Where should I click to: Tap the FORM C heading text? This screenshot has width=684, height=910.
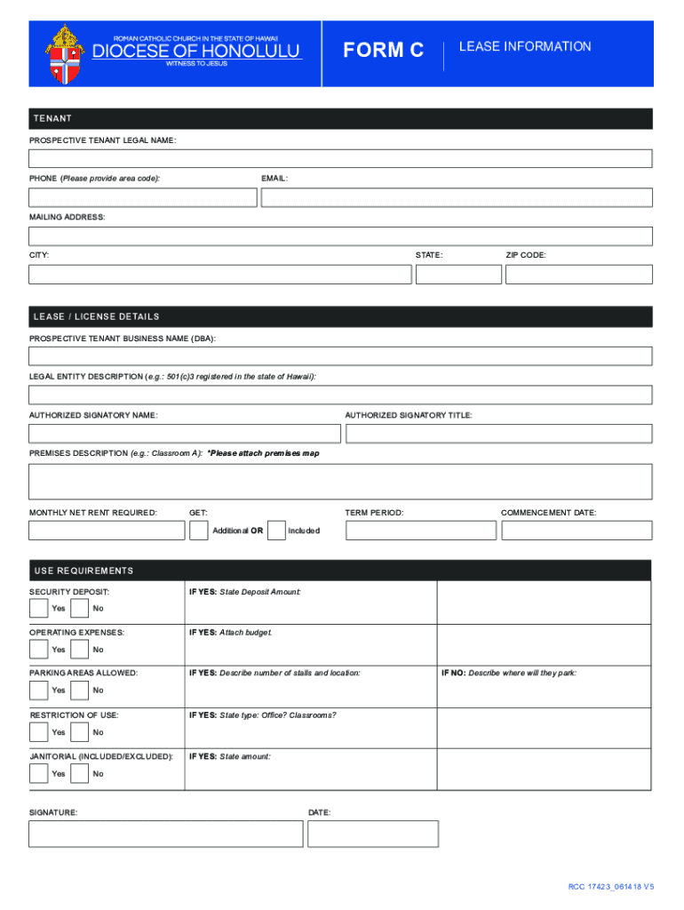tap(384, 52)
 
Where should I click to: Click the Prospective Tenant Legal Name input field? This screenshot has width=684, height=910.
tap(340, 158)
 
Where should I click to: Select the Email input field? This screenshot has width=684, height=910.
tap(457, 197)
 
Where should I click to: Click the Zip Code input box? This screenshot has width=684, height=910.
tap(578, 274)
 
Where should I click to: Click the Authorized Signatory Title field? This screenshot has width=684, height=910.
tap(498, 434)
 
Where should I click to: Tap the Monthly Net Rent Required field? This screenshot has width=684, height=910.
tap(106, 531)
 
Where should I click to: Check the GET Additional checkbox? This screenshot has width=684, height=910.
tap(199, 531)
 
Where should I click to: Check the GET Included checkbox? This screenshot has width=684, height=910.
tap(276, 531)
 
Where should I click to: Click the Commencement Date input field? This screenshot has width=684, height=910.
tap(576, 531)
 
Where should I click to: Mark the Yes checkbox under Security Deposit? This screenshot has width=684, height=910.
tap(38, 608)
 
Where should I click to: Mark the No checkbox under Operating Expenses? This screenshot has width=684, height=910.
tap(79, 650)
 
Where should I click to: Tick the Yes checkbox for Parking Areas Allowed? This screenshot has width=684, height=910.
tap(38, 690)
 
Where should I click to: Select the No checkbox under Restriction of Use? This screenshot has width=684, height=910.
tap(79, 732)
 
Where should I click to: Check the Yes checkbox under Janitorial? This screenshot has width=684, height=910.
tap(38, 773)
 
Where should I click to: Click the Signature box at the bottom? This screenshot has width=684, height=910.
tap(165, 834)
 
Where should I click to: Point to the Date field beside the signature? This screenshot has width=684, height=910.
tap(373, 834)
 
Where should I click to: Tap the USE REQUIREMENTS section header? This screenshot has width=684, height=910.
tap(84, 571)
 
